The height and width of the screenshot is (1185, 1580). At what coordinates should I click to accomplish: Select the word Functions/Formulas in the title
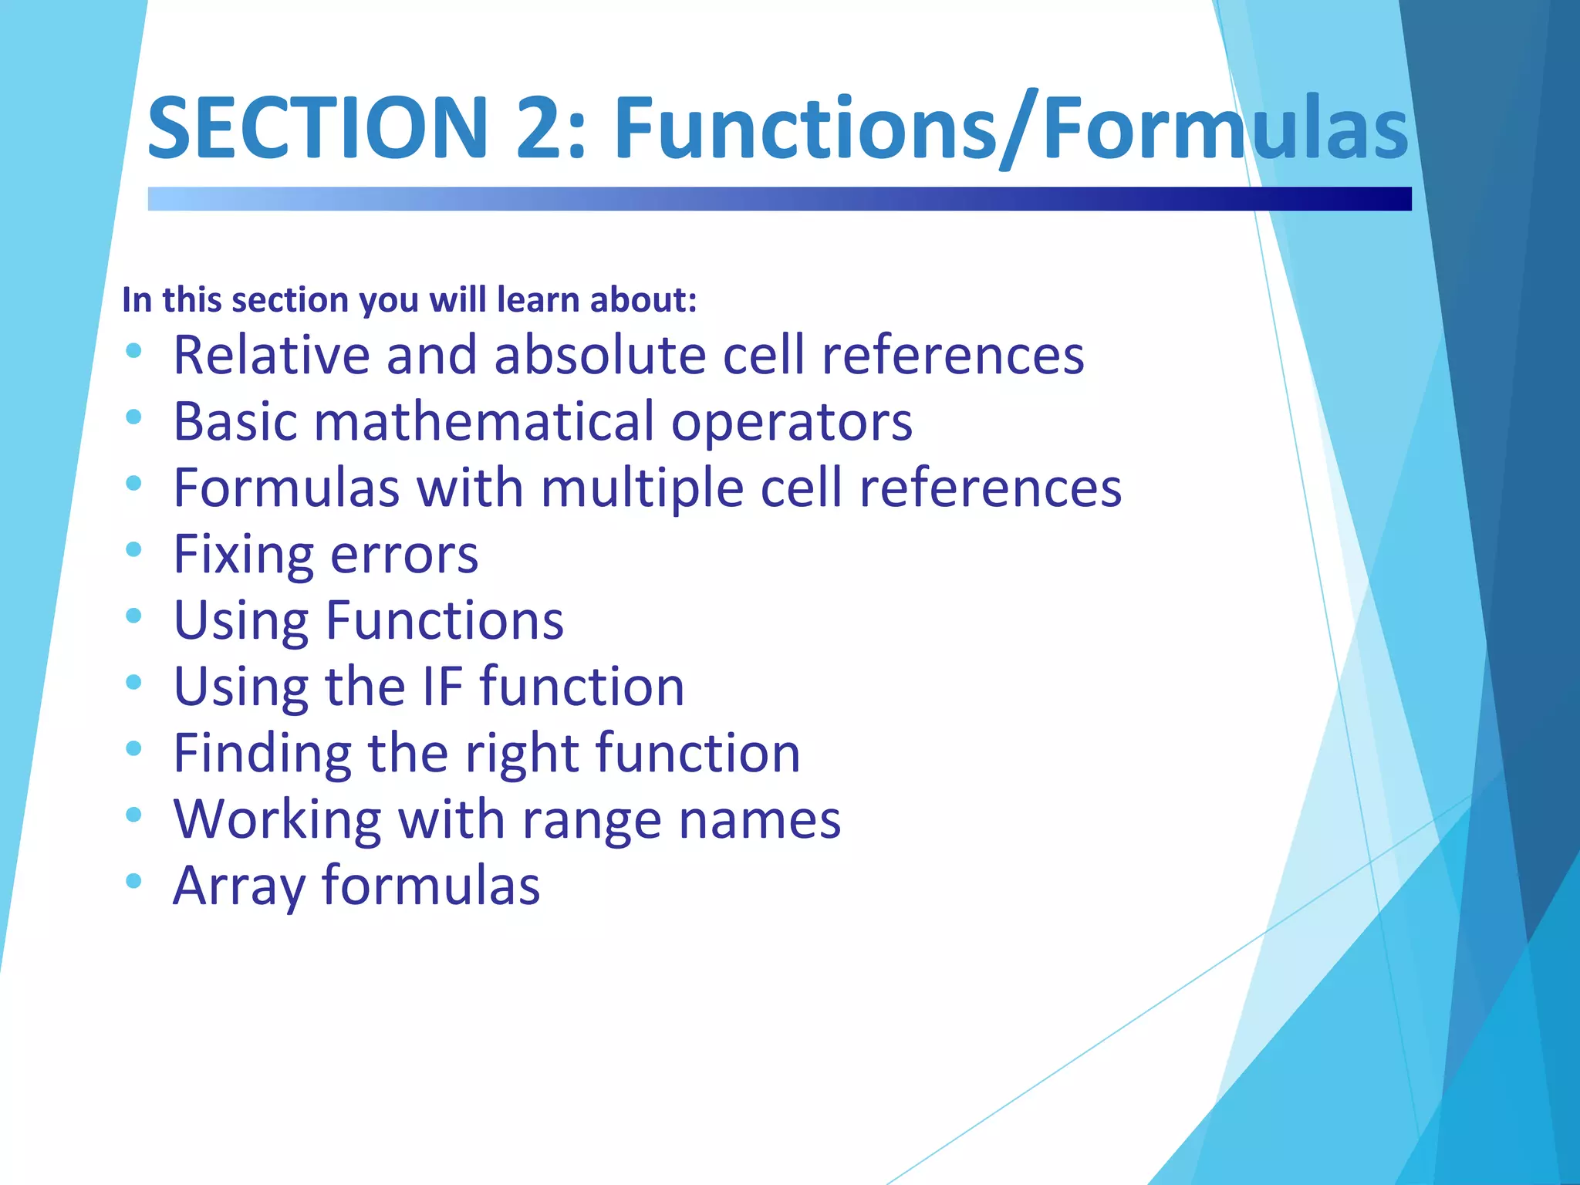[x=1011, y=127]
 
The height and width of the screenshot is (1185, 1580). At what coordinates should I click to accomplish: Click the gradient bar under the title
[x=779, y=198]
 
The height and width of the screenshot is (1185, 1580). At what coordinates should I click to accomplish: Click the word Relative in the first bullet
[x=272, y=356]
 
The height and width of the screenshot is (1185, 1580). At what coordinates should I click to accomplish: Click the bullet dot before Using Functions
[x=133, y=616]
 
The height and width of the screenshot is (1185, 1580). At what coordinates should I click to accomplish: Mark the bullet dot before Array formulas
[x=133, y=880]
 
